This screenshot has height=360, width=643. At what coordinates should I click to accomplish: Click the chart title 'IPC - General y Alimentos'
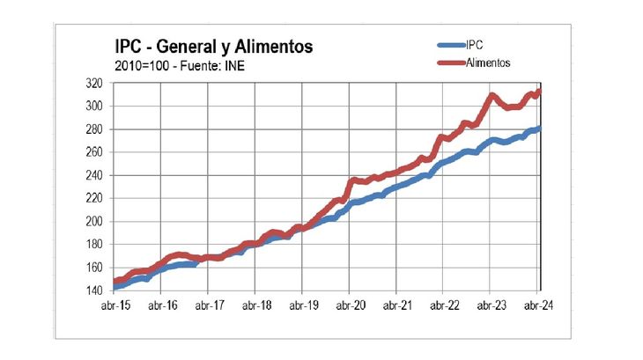click(213, 46)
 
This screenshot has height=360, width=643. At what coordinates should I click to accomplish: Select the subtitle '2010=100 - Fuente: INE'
click(174, 65)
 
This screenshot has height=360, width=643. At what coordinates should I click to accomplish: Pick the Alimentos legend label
click(488, 62)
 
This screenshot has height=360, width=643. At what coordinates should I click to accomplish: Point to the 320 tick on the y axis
click(94, 84)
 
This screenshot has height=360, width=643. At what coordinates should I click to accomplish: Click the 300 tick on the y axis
click(94, 107)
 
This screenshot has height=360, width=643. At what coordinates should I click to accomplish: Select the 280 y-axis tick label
click(94, 129)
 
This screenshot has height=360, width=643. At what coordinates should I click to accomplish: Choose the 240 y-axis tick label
click(94, 175)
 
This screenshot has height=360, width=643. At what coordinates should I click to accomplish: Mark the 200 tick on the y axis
click(94, 221)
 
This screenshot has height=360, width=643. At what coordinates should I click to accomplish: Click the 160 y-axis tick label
click(94, 268)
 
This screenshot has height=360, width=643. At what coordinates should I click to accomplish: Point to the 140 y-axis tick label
click(94, 290)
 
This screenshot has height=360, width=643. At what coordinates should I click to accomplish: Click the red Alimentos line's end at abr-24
click(539, 91)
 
